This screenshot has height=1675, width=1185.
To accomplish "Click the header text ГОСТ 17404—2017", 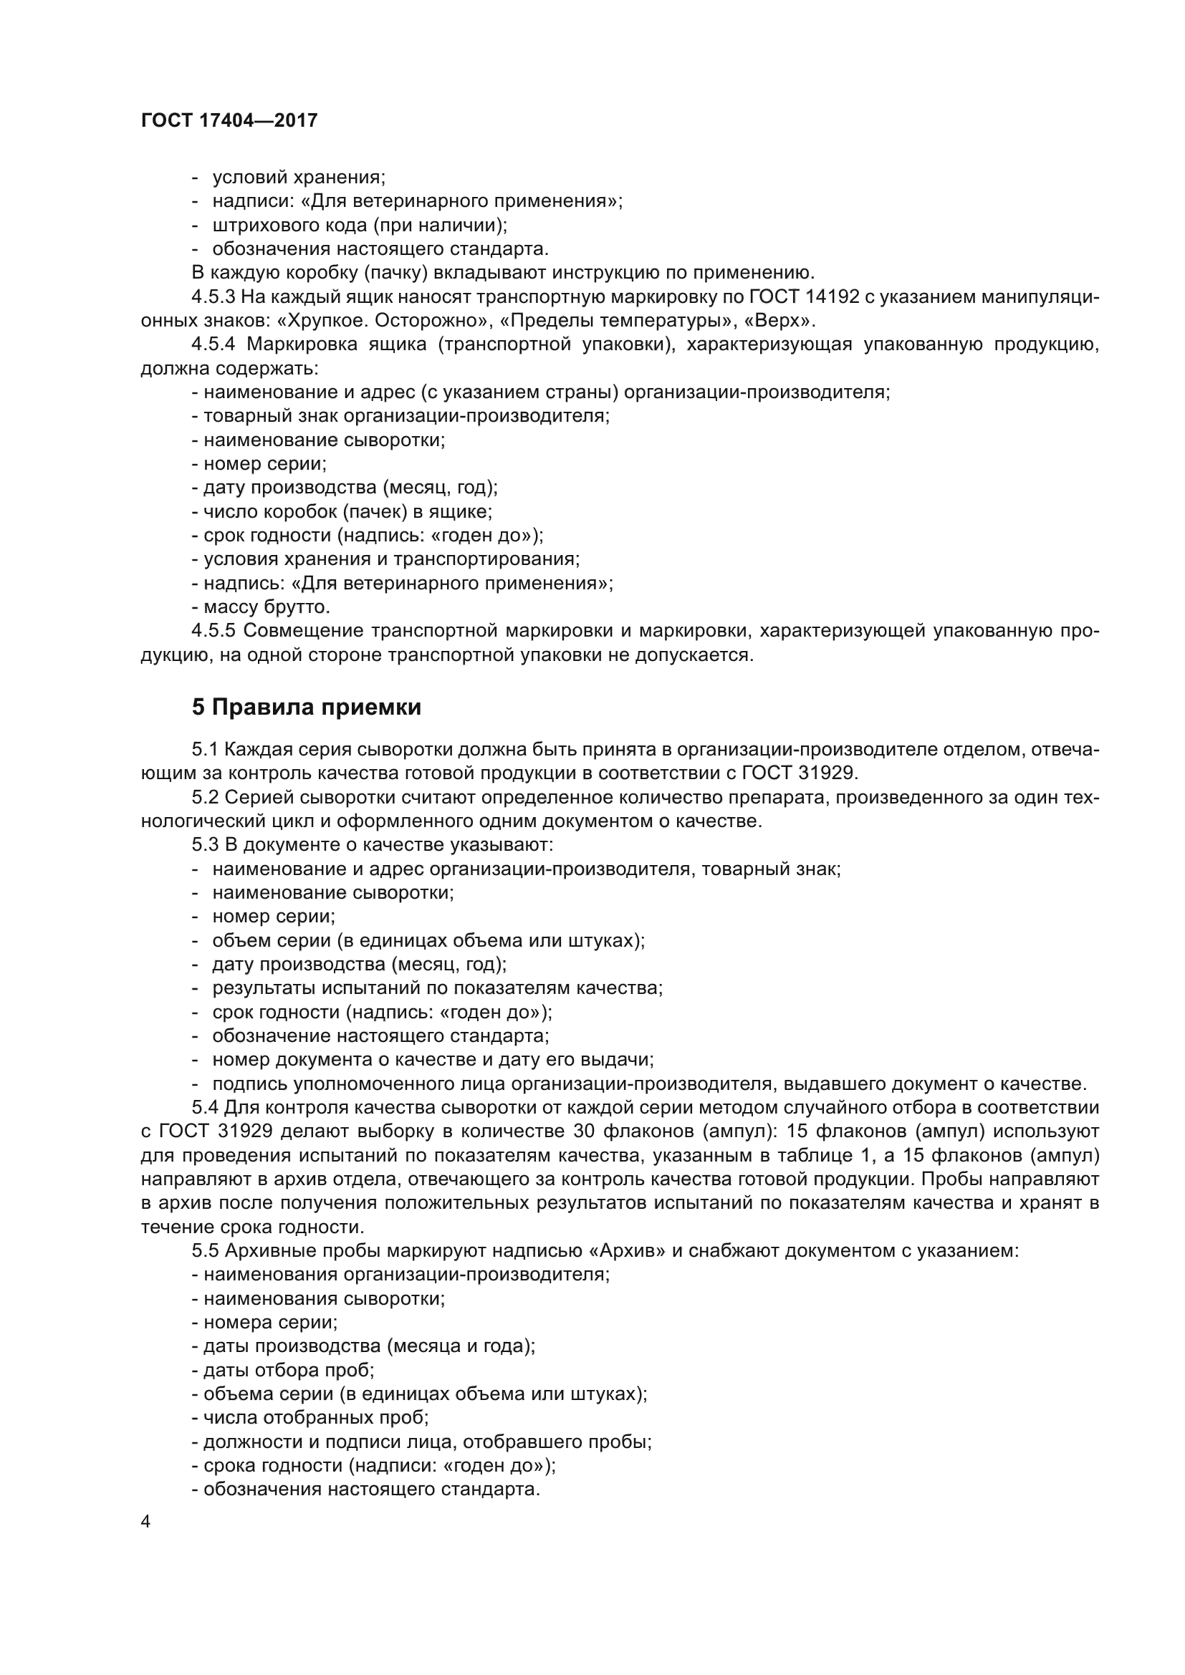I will click(229, 120).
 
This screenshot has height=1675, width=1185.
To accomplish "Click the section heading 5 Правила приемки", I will click(307, 707).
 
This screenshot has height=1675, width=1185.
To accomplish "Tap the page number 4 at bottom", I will click(146, 1522).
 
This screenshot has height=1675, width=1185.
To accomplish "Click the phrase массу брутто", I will click(267, 607).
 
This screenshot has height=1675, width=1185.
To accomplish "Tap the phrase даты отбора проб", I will click(288, 1369).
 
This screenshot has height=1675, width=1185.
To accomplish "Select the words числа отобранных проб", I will click(315, 1417).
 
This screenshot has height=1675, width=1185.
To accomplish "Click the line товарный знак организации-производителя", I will click(406, 416).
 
